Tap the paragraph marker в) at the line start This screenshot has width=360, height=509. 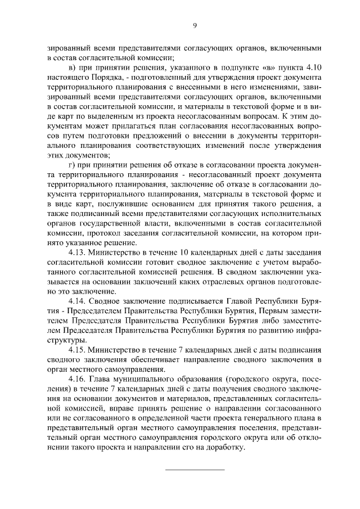click(x=73, y=67)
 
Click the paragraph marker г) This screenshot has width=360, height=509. click(x=72, y=164)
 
